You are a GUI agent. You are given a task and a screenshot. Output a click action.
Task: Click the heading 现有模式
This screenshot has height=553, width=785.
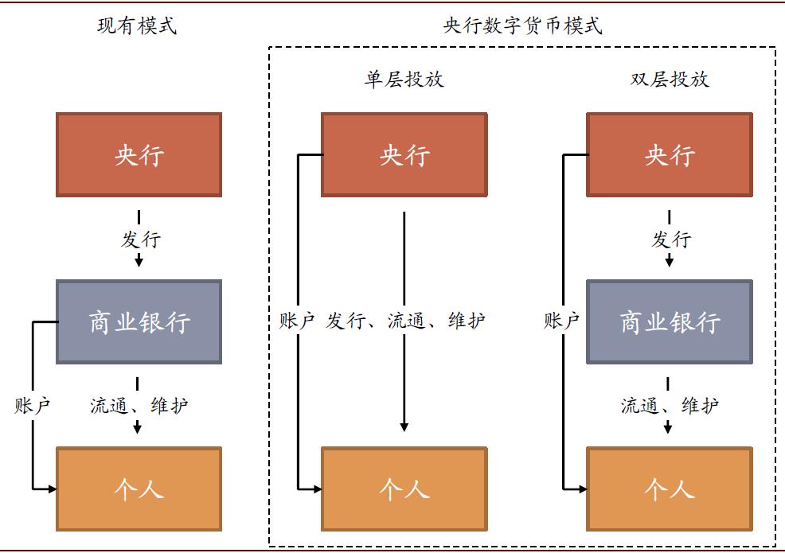(137, 26)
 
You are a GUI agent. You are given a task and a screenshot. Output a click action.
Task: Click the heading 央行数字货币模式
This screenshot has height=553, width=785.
(522, 26)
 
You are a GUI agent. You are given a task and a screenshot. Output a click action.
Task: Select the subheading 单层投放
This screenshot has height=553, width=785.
(404, 80)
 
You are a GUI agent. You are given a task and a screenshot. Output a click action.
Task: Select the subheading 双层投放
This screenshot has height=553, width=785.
(669, 80)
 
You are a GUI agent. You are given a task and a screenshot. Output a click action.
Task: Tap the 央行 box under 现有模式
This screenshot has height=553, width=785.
(139, 154)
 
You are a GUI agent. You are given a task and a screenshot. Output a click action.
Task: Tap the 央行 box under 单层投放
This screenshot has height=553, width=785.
(404, 154)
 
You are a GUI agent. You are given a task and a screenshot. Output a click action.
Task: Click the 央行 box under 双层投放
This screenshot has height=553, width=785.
(669, 154)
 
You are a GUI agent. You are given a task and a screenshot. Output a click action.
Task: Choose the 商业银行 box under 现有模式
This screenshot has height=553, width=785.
(139, 321)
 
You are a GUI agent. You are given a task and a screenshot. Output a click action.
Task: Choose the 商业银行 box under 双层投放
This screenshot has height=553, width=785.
(669, 321)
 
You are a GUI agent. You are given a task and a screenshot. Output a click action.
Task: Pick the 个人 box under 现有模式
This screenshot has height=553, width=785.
(139, 489)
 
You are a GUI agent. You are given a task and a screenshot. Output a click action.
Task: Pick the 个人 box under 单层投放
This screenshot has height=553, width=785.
(404, 489)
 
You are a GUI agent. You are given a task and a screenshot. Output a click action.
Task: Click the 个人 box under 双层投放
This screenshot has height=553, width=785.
(669, 489)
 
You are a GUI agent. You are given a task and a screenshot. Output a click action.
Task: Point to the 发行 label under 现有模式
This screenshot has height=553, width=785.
(140, 240)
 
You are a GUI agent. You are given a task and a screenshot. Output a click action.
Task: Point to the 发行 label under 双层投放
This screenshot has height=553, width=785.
(671, 240)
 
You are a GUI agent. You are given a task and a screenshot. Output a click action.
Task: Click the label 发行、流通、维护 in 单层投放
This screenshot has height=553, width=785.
(406, 321)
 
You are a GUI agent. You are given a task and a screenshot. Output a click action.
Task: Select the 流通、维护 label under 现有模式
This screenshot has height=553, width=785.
(139, 406)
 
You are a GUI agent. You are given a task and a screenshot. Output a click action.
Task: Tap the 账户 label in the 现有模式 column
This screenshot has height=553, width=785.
(33, 406)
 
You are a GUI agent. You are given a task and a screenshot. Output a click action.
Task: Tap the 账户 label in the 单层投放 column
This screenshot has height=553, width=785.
(297, 321)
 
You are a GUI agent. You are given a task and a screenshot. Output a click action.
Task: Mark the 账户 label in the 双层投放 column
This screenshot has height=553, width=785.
(562, 321)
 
